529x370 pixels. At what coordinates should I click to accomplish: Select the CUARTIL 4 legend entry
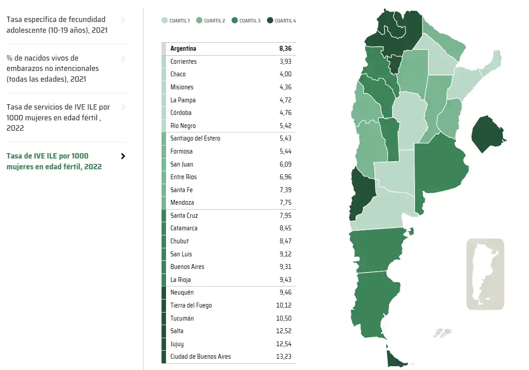[x=281, y=21]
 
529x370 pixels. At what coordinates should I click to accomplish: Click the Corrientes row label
[x=184, y=62]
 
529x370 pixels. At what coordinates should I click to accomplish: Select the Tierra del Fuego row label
[x=191, y=305]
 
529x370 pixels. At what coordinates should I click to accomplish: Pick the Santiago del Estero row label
[x=195, y=138]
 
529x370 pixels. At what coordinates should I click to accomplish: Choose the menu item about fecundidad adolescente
[x=56, y=25]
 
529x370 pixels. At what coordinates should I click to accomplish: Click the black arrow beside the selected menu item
[x=123, y=156]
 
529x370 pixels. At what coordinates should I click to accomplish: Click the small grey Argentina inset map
[x=485, y=273]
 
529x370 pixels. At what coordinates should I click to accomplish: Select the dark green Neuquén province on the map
[x=362, y=193]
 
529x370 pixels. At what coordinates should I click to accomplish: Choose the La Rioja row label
[x=180, y=280]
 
